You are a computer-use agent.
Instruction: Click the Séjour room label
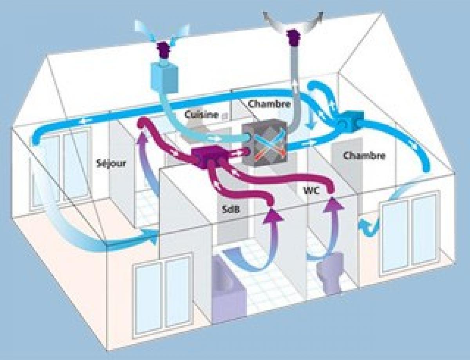(x=111, y=164)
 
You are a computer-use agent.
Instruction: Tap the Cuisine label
(x=201, y=115)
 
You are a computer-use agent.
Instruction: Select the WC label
(x=311, y=191)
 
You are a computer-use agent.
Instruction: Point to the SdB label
(x=231, y=209)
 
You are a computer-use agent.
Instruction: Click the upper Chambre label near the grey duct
(x=269, y=104)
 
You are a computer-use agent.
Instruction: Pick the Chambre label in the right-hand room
(x=364, y=155)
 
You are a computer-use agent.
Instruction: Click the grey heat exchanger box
(x=265, y=143)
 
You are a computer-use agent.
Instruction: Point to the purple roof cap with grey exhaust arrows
(x=293, y=38)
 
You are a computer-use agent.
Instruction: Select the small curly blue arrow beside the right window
(x=369, y=227)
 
